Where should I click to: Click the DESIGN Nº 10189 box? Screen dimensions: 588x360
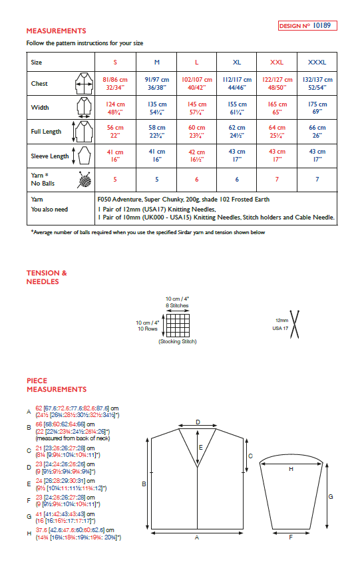[x=307, y=26]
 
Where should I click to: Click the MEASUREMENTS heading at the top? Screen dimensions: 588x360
[x=56, y=31]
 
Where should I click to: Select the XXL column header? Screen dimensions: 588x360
[x=277, y=62]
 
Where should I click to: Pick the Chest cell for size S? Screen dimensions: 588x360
[x=116, y=83]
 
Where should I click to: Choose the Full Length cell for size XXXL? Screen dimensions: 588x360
[x=317, y=131]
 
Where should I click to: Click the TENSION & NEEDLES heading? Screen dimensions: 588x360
[x=47, y=277]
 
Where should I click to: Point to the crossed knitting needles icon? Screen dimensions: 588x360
[x=293, y=324]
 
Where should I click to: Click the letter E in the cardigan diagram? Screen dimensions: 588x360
[x=200, y=449]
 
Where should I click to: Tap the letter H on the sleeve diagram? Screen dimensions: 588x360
[x=291, y=469]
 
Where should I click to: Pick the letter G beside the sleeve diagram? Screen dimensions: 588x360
[x=331, y=496]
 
